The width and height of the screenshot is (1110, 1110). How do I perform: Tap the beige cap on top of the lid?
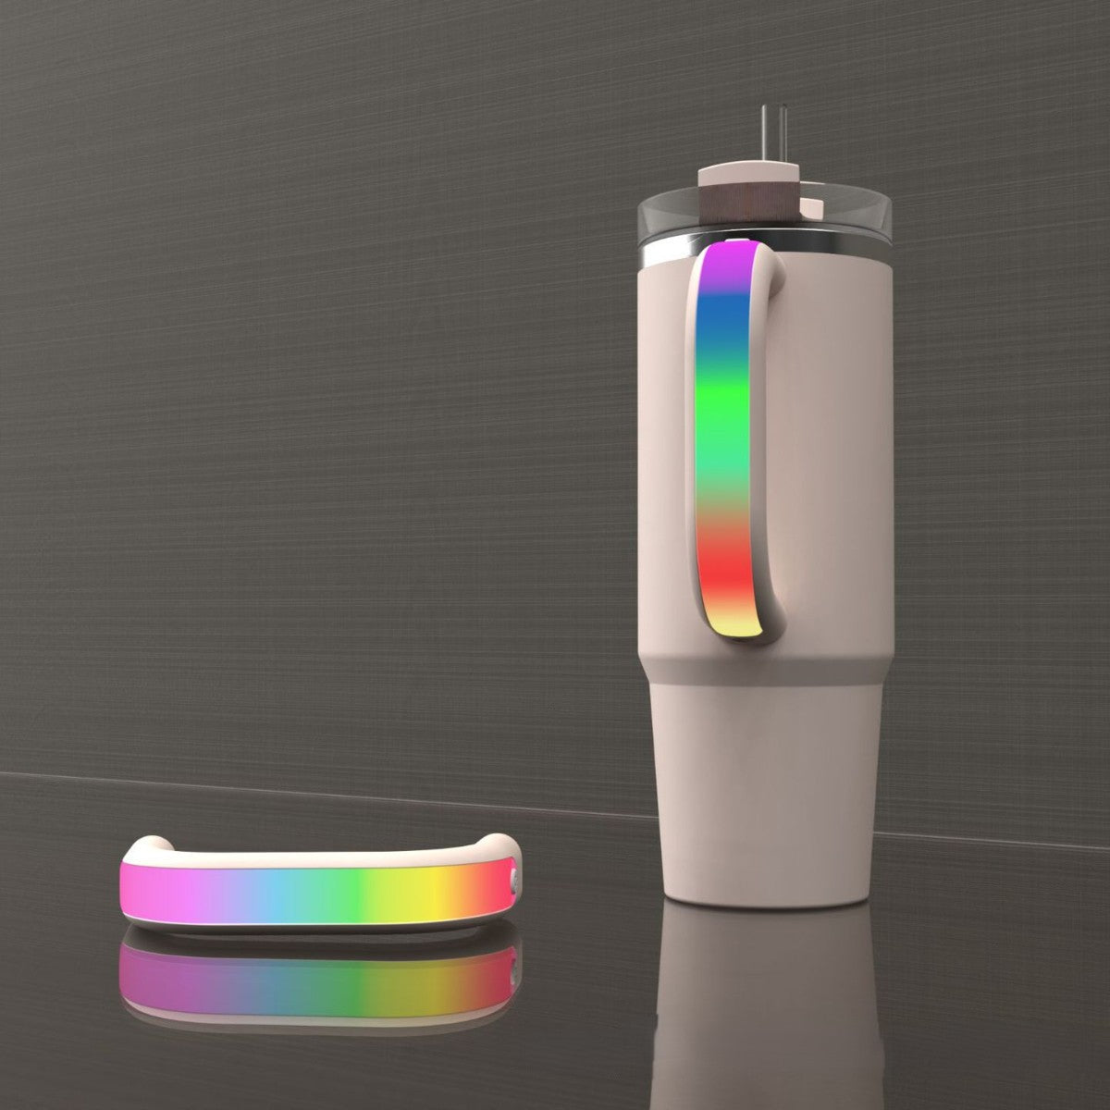click(748, 175)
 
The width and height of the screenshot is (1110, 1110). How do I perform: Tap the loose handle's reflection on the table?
click(314, 980)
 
